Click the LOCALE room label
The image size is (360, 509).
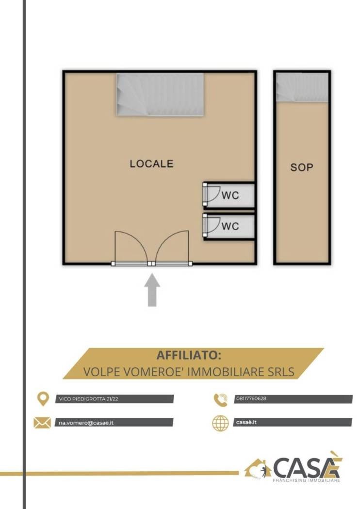[x=151, y=164]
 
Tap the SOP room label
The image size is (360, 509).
[x=302, y=167]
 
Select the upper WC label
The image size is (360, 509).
[x=230, y=195]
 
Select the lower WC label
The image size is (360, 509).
[x=230, y=226]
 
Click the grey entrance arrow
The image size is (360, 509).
[x=152, y=290]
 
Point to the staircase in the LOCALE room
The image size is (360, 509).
[x=160, y=95]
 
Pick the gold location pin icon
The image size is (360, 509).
[x=43, y=399]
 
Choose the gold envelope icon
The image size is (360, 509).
[x=42, y=423]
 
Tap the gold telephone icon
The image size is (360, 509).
[x=221, y=399]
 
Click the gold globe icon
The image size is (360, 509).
[x=220, y=423]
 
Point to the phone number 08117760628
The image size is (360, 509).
[x=251, y=398]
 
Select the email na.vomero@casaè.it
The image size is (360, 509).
[x=86, y=423]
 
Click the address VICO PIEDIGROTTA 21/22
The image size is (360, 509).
[x=88, y=399]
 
